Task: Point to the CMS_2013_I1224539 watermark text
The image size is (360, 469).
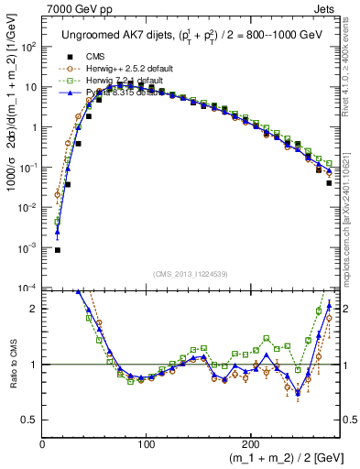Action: (x=191, y=274)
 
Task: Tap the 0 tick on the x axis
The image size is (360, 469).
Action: (x=42, y=444)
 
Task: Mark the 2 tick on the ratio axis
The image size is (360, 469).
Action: (x=34, y=309)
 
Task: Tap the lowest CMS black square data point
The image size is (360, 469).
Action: (x=58, y=249)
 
